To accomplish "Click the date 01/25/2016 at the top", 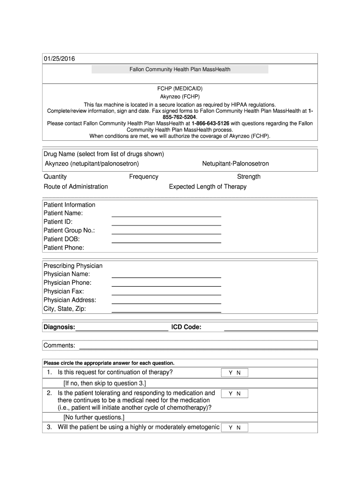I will click(59, 59).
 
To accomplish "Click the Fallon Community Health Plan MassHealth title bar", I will click(180, 69).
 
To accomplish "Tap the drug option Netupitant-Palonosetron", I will click(235, 164).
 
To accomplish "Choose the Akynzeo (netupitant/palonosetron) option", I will click(92, 164).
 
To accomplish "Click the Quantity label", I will click(55, 177).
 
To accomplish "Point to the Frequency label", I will click(144, 177).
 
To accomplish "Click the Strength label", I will click(249, 177).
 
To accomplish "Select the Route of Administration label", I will click(76, 187).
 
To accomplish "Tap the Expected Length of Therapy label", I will click(208, 187).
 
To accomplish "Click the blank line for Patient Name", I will click(166, 214).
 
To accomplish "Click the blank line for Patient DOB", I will click(166, 240).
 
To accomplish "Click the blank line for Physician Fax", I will click(166, 292).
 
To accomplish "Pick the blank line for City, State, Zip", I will click(166, 310).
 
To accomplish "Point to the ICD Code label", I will click(186, 327).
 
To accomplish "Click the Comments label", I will click(59, 345).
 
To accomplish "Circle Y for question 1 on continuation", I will click(230, 373).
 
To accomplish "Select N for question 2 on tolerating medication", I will click(238, 394).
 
